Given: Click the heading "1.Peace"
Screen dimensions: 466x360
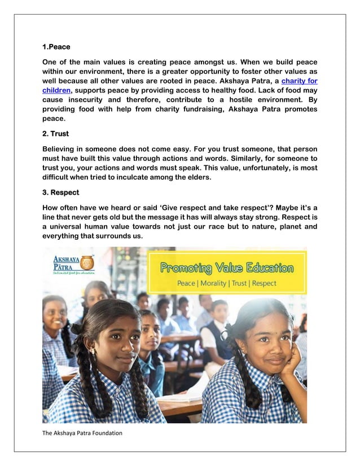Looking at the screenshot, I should tap(56, 47).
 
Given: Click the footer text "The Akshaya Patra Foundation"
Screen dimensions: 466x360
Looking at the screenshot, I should tap(82, 433).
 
